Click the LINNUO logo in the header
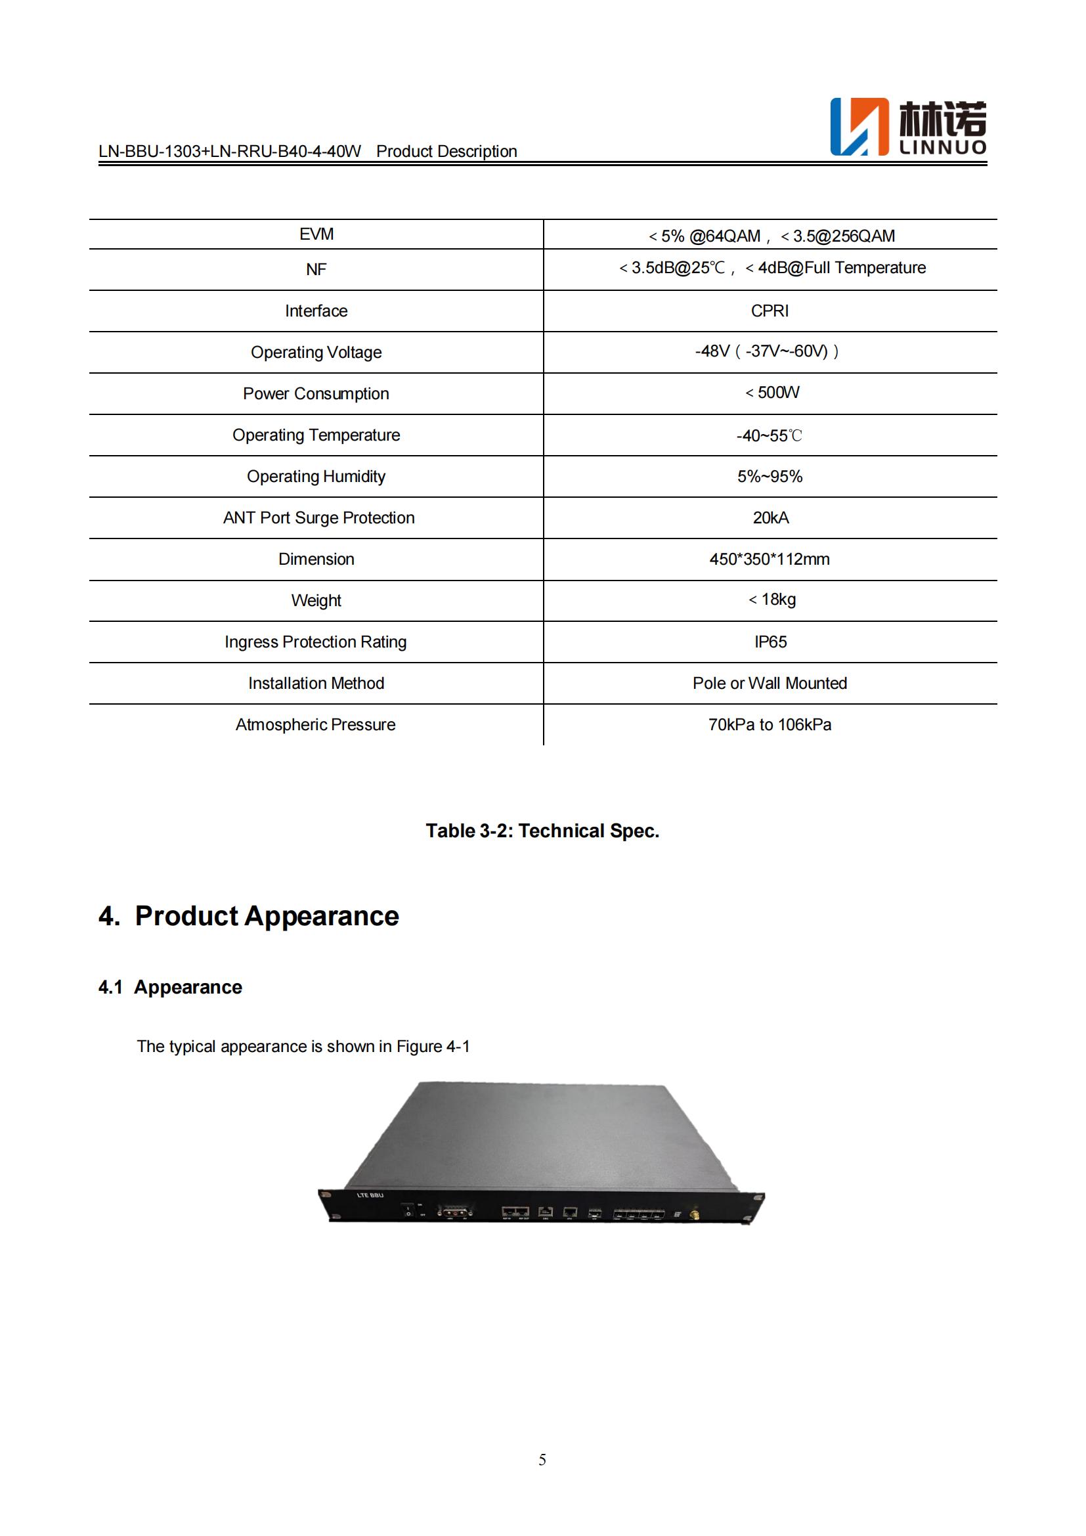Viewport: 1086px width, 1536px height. click(x=907, y=127)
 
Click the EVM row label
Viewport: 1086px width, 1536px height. click(x=316, y=234)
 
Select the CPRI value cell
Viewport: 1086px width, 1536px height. click(x=770, y=311)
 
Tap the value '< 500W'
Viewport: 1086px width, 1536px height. click(x=772, y=393)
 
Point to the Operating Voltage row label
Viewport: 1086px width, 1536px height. click(x=316, y=353)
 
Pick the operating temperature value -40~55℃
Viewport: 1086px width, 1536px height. click(x=769, y=436)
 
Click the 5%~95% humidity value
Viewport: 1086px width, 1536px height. click(x=770, y=477)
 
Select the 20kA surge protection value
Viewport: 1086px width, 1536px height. click(x=770, y=517)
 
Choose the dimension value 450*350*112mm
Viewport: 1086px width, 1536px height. click(x=770, y=560)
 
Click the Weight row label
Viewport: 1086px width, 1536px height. click(x=316, y=601)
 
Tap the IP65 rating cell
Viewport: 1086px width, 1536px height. click(x=770, y=642)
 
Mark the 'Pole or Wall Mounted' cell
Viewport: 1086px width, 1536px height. click(x=770, y=683)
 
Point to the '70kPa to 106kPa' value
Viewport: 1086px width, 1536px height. click(x=770, y=724)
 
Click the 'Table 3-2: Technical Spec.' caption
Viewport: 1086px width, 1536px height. click(x=542, y=831)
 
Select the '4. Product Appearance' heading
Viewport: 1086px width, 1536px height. click(x=249, y=916)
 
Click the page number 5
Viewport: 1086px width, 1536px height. click(x=542, y=1460)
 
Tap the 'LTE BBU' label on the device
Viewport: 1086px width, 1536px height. click(x=370, y=1195)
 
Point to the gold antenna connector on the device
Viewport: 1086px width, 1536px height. click(x=695, y=1212)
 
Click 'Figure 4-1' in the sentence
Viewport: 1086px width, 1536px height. click(x=433, y=1046)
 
